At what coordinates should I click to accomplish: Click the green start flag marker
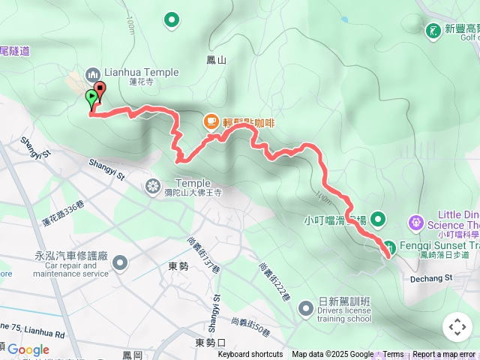tap(91, 97)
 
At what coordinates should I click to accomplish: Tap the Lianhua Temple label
tap(142, 73)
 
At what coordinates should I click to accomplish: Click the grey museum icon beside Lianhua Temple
tap(92, 73)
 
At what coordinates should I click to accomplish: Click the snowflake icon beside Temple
tap(153, 184)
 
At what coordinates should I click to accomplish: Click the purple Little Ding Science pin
tap(415, 222)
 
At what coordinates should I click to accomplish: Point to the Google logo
tap(28, 349)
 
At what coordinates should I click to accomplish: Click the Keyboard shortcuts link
tap(250, 355)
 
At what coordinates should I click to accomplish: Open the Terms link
tap(393, 355)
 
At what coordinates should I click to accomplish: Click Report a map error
tap(443, 355)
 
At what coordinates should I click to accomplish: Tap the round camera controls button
tap(457, 327)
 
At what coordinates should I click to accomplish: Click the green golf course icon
tap(433, 31)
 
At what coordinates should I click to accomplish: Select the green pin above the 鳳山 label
tap(172, 19)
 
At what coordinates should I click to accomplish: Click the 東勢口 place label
tap(210, 343)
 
